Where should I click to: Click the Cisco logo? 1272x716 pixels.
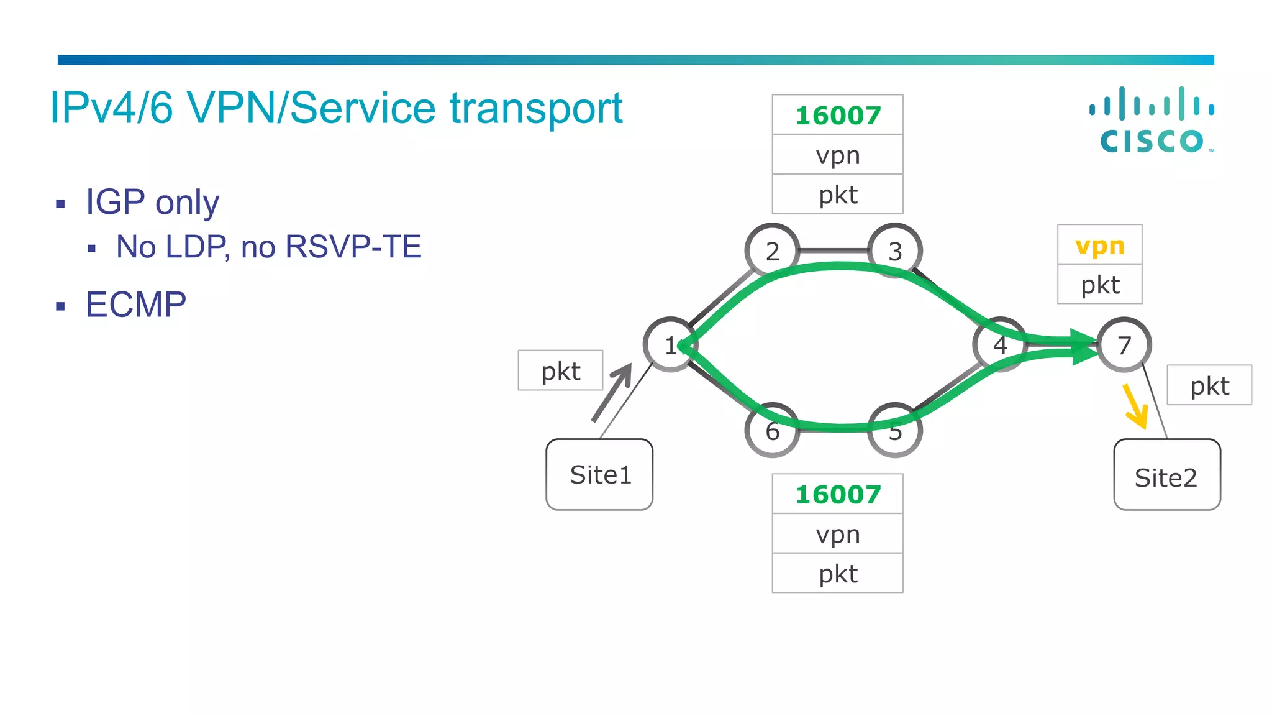(x=1152, y=121)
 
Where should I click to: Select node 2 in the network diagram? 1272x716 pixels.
(x=772, y=250)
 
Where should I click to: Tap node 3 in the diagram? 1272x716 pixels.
(x=895, y=250)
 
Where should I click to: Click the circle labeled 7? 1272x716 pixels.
(x=1124, y=345)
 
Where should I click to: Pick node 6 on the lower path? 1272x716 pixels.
(x=772, y=431)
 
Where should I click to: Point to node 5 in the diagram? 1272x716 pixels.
(x=895, y=431)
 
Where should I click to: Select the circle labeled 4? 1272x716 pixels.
(x=1000, y=344)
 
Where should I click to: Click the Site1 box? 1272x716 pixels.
(x=599, y=475)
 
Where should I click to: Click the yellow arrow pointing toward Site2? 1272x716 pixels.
(x=1136, y=406)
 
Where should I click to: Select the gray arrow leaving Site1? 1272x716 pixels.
(x=612, y=392)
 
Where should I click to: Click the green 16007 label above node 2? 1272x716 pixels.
(x=837, y=115)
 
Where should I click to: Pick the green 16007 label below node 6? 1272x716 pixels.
(x=837, y=494)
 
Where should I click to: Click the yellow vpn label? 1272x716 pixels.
(x=1099, y=246)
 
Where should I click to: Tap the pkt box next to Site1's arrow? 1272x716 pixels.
(x=560, y=371)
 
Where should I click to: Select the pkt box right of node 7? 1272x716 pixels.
(x=1209, y=385)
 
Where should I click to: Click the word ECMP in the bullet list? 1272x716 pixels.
(x=135, y=305)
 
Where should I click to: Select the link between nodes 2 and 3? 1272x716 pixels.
(x=834, y=250)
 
